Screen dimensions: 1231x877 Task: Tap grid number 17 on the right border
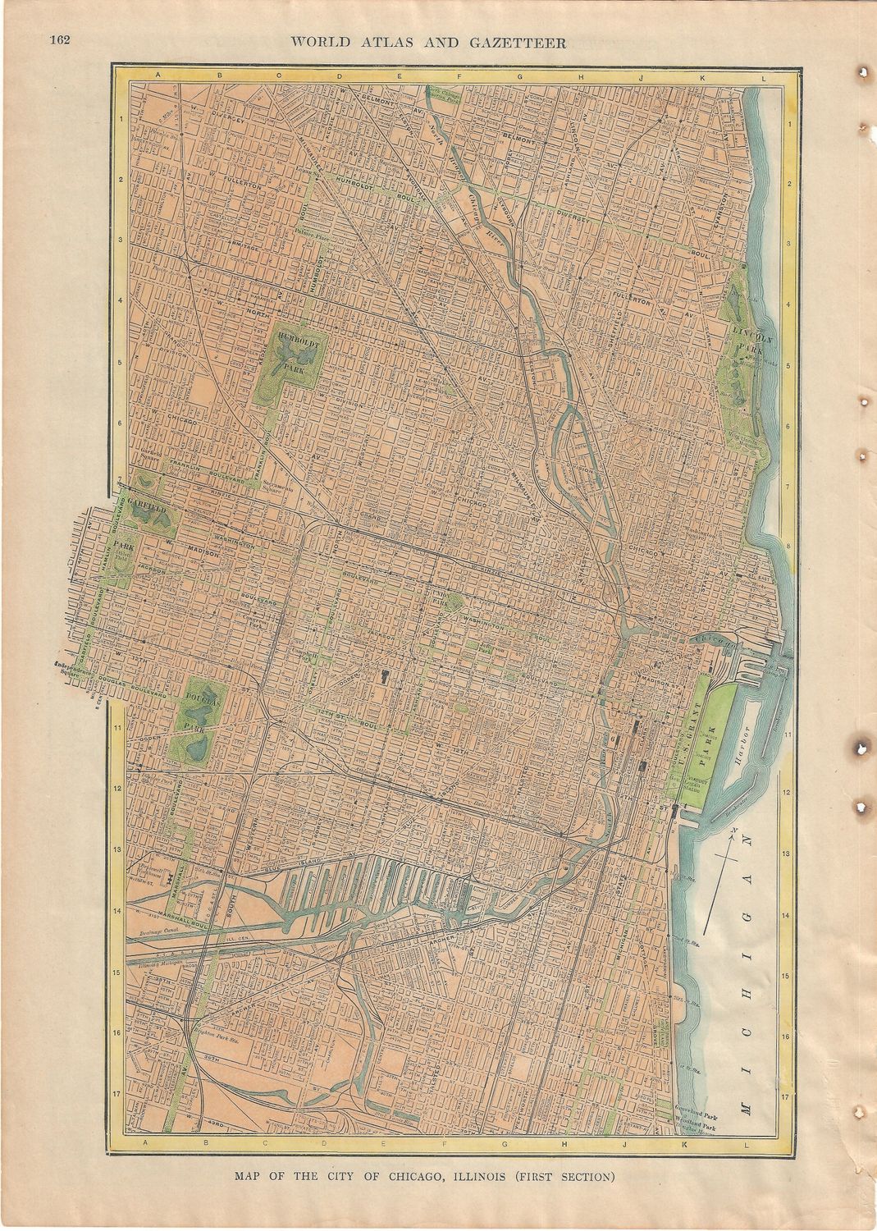click(x=785, y=1096)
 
